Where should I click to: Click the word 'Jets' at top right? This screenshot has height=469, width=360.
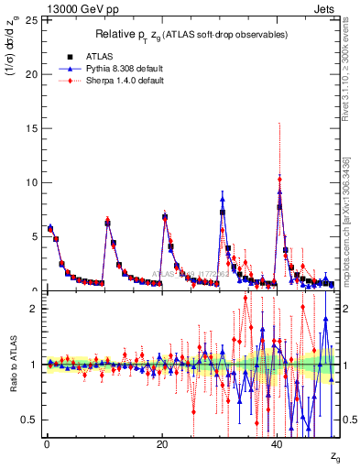click(325, 8)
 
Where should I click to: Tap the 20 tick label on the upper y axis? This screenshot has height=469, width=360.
click(33, 74)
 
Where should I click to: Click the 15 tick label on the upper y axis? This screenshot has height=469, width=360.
click(33, 128)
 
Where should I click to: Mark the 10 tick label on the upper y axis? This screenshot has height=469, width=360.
click(33, 182)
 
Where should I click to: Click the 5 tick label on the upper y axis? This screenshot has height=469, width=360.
click(36, 236)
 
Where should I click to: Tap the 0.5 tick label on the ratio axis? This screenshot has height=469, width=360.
click(32, 420)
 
